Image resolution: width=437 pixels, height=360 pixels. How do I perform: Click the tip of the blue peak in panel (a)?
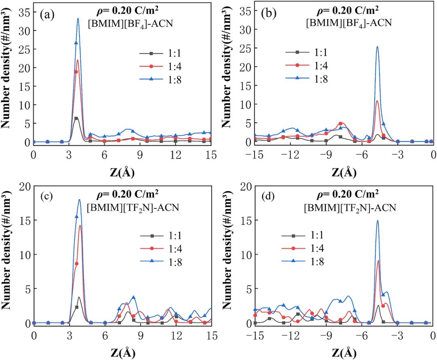coord(78,18)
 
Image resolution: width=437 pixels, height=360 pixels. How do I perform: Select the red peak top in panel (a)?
coord(78,60)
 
